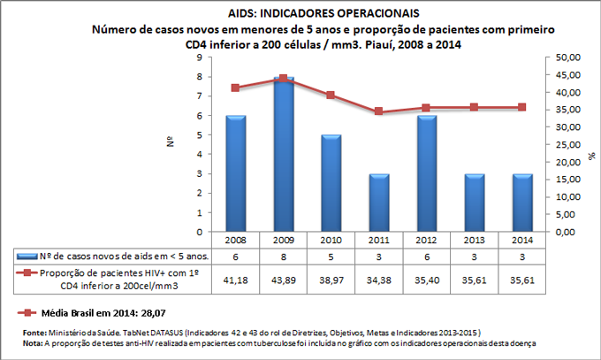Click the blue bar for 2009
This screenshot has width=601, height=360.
[284, 155]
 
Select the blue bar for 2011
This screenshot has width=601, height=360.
[379, 203]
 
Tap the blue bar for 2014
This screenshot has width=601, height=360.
[521, 203]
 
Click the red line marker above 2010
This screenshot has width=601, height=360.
[331, 96]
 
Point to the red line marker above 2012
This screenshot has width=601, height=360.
[426, 108]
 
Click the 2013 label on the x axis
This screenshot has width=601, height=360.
[474, 240]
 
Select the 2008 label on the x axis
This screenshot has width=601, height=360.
[236, 240]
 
